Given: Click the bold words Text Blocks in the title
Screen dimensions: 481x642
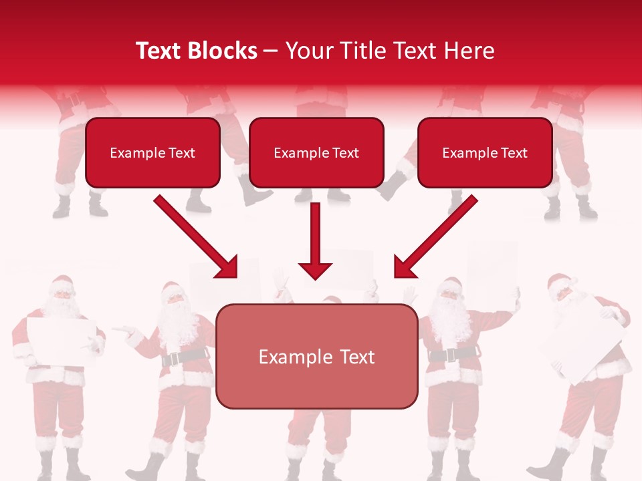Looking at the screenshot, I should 197,51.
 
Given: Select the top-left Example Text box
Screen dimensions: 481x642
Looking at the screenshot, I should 152,152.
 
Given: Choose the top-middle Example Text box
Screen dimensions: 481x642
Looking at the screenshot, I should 316,152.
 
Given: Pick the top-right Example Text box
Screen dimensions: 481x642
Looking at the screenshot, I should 485,152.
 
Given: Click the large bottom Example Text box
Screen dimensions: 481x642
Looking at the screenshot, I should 317,356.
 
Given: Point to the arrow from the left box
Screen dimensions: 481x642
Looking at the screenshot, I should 195,236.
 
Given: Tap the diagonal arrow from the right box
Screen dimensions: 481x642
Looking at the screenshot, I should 437,236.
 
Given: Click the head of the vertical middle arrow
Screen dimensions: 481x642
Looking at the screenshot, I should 315,271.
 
